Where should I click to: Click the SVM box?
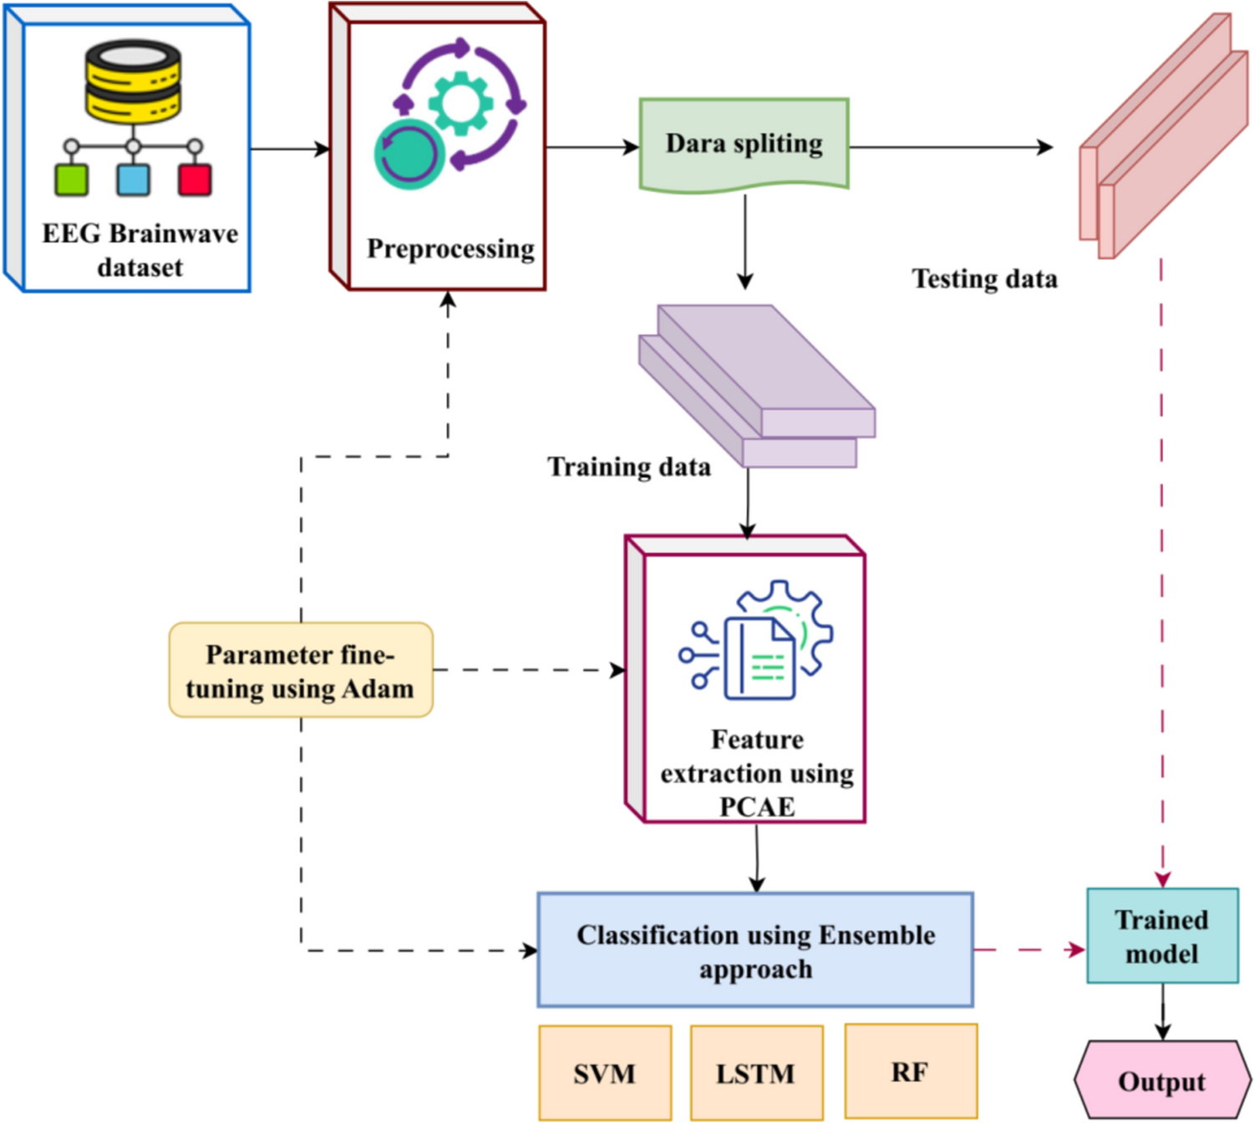click(605, 1072)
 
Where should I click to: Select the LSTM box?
click(756, 1072)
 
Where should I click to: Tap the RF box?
click(911, 1070)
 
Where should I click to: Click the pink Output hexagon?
click(1162, 1080)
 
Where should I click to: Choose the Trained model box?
click(1162, 936)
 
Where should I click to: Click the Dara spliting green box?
click(744, 144)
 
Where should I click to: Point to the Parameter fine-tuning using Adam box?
click(301, 670)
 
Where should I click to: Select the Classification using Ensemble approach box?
click(755, 950)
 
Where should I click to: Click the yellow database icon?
click(133, 81)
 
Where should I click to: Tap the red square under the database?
click(195, 180)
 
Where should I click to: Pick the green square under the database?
click(72, 180)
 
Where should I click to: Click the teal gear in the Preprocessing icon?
click(460, 104)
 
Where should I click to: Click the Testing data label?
click(984, 278)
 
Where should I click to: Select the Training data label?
click(629, 466)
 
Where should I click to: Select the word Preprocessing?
click(450, 248)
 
